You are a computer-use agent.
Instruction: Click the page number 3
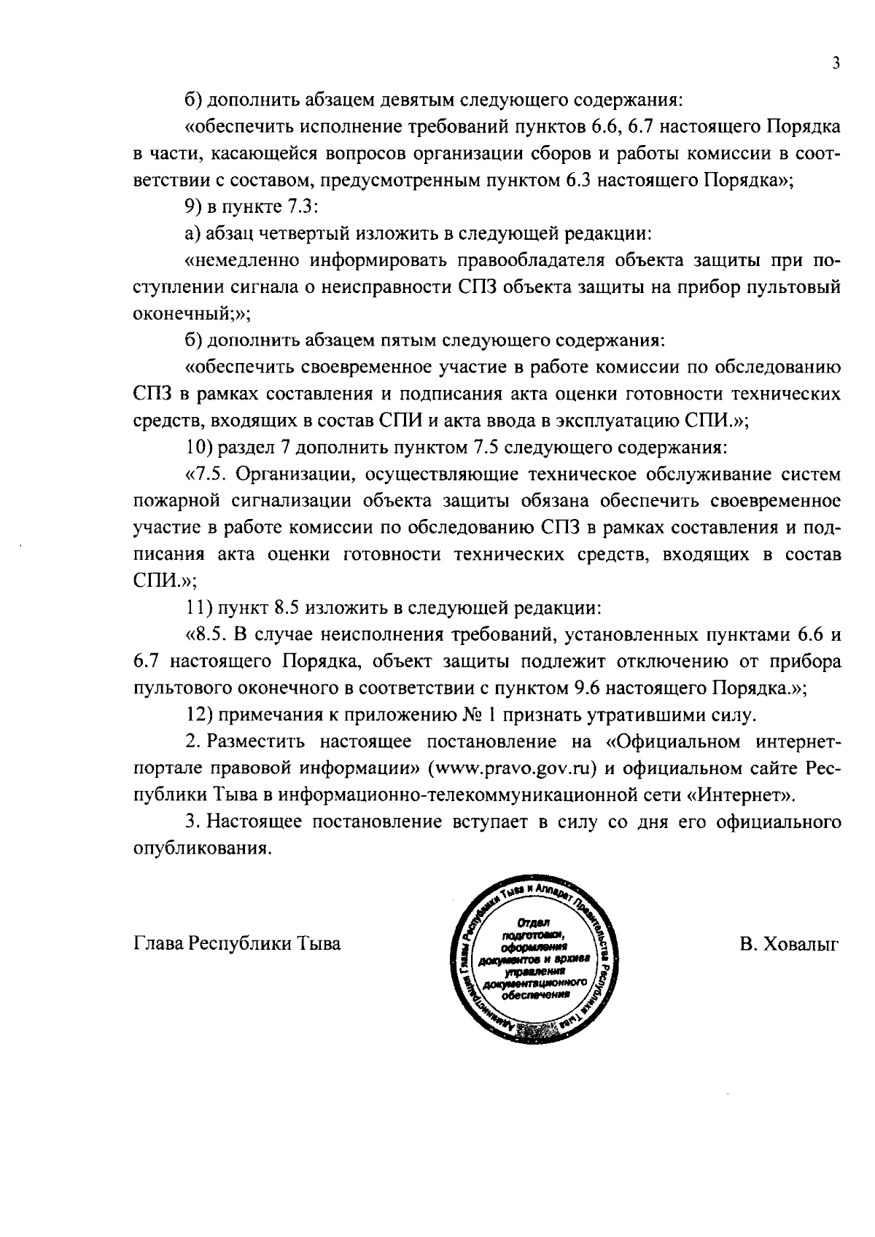point(836,63)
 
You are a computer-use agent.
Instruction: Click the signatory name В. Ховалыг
point(789,944)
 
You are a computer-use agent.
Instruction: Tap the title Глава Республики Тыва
point(238,944)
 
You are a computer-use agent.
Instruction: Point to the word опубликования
point(203,849)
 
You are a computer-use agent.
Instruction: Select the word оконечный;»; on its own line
point(192,314)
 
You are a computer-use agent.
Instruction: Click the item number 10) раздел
point(201,446)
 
